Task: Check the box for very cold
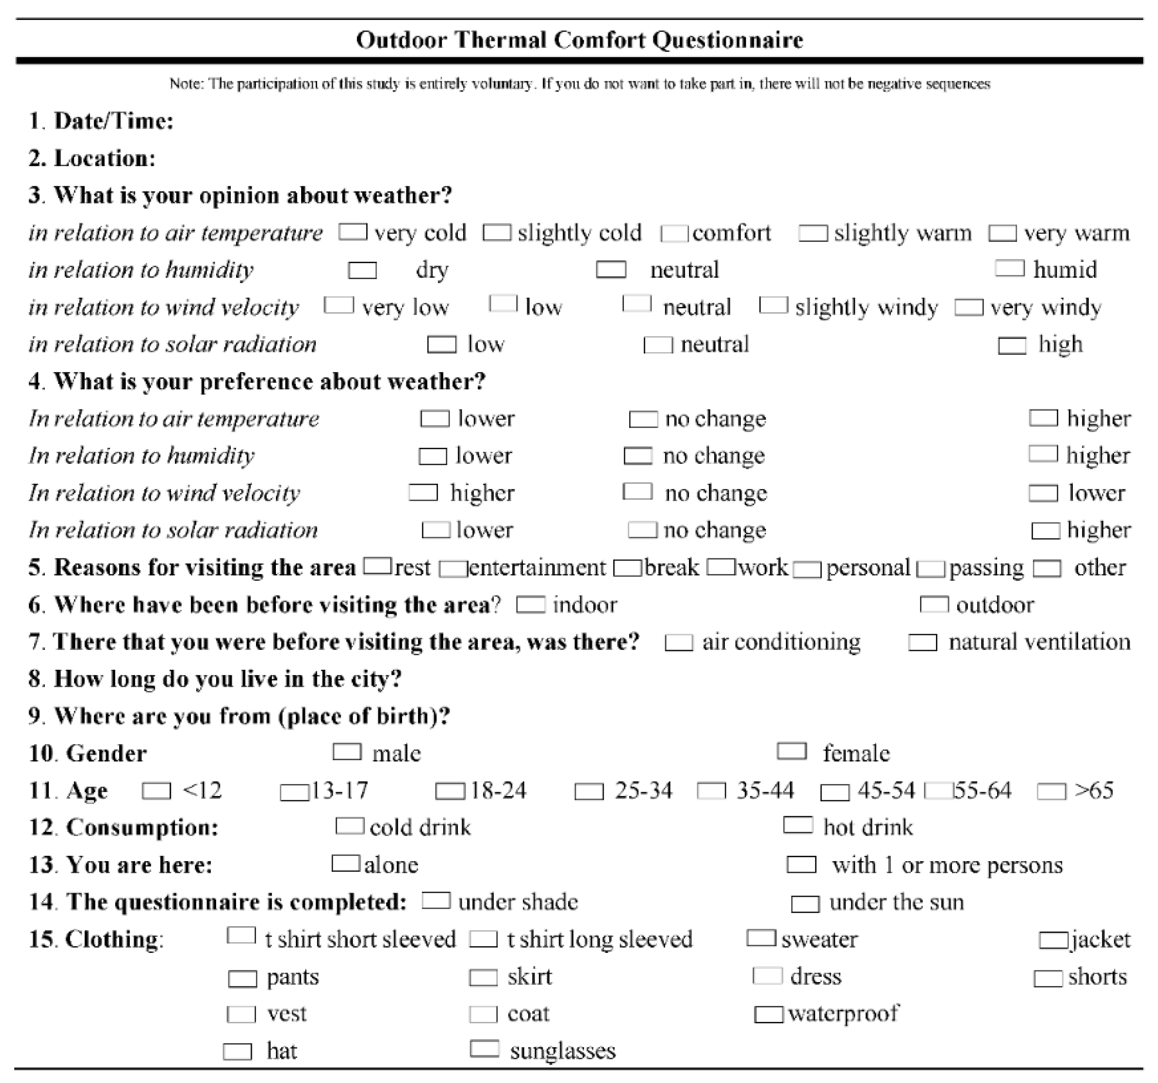coord(353,232)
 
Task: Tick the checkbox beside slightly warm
coord(813,233)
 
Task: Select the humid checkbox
coord(1009,268)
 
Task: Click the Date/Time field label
coord(113,121)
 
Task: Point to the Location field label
coord(105,158)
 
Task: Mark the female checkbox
coord(792,752)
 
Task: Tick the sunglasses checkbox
coord(485,1049)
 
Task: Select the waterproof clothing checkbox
coord(768,1014)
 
